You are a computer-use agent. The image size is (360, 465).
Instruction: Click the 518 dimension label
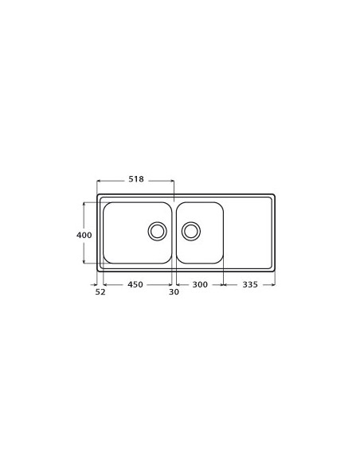point(136,179)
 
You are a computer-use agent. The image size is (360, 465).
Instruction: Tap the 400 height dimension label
point(84,235)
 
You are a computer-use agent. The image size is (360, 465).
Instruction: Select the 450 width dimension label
point(135,284)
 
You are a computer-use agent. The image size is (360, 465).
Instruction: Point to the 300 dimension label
point(200,284)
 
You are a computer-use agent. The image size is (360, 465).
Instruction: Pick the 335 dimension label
point(250,284)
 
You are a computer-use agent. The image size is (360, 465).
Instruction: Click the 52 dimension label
point(100,292)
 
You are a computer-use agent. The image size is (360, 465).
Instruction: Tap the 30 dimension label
point(174,292)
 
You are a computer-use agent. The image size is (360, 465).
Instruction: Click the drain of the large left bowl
point(157,232)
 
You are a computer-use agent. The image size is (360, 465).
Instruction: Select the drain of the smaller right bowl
point(191,232)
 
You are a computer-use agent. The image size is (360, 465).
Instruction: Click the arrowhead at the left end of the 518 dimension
point(99,180)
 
